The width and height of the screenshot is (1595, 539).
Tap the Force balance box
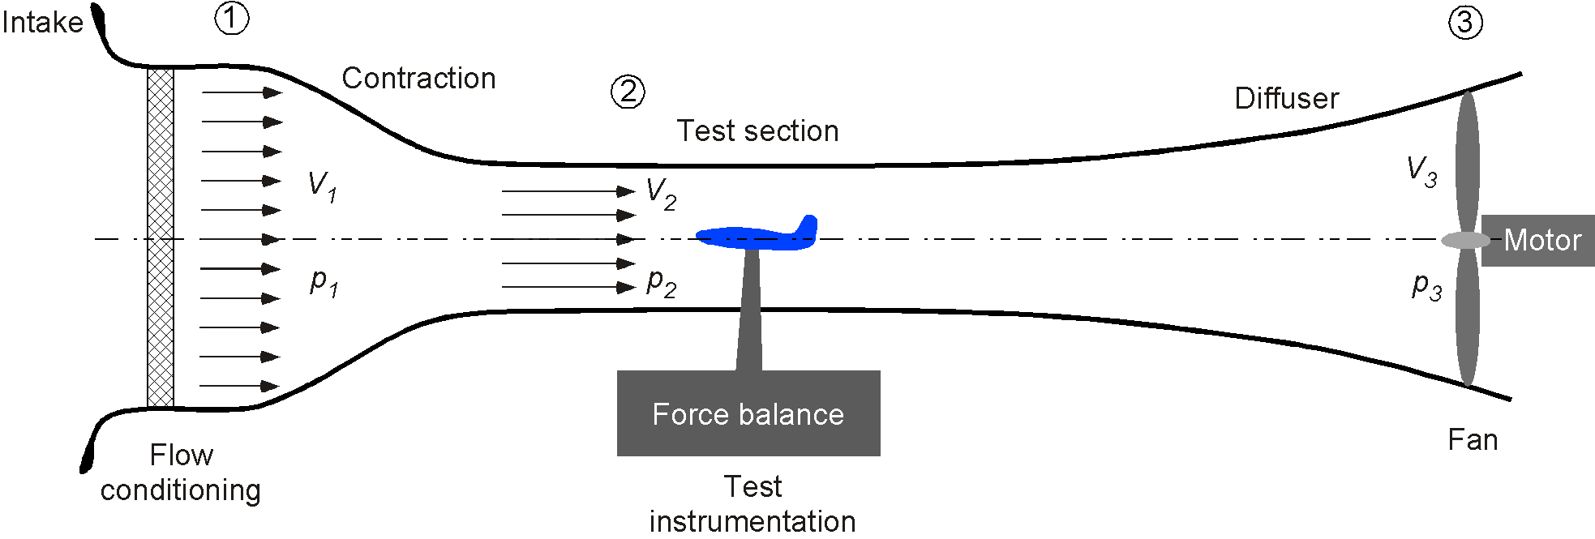pyautogui.click(x=748, y=413)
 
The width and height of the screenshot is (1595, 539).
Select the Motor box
pyautogui.click(x=1537, y=241)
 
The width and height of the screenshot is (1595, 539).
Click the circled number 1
pyautogui.click(x=232, y=18)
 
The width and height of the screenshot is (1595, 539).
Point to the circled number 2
pyautogui.click(x=628, y=92)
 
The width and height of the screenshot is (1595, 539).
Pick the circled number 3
pyautogui.click(x=1465, y=22)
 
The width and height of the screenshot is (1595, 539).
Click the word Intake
pyautogui.click(x=42, y=22)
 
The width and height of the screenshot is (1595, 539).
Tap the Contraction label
pyautogui.click(x=418, y=78)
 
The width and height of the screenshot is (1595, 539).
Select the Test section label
pyautogui.click(x=757, y=130)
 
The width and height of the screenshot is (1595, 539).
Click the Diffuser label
pyautogui.click(x=1286, y=98)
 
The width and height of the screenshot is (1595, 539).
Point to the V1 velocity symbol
pyautogui.click(x=322, y=186)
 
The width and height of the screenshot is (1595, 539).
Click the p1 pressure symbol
pyautogui.click(x=324, y=282)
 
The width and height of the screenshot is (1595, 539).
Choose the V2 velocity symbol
pyautogui.click(x=661, y=195)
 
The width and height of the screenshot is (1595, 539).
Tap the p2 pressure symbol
pyautogui.click(x=661, y=282)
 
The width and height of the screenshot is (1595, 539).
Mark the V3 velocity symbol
pyautogui.click(x=1421, y=172)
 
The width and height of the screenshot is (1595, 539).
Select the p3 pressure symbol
pyautogui.click(x=1427, y=286)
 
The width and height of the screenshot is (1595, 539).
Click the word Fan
pyautogui.click(x=1473, y=440)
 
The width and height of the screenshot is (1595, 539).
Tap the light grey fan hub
pyautogui.click(x=1466, y=241)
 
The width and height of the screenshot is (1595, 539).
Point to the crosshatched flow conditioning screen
pyautogui.click(x=161, y=237)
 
